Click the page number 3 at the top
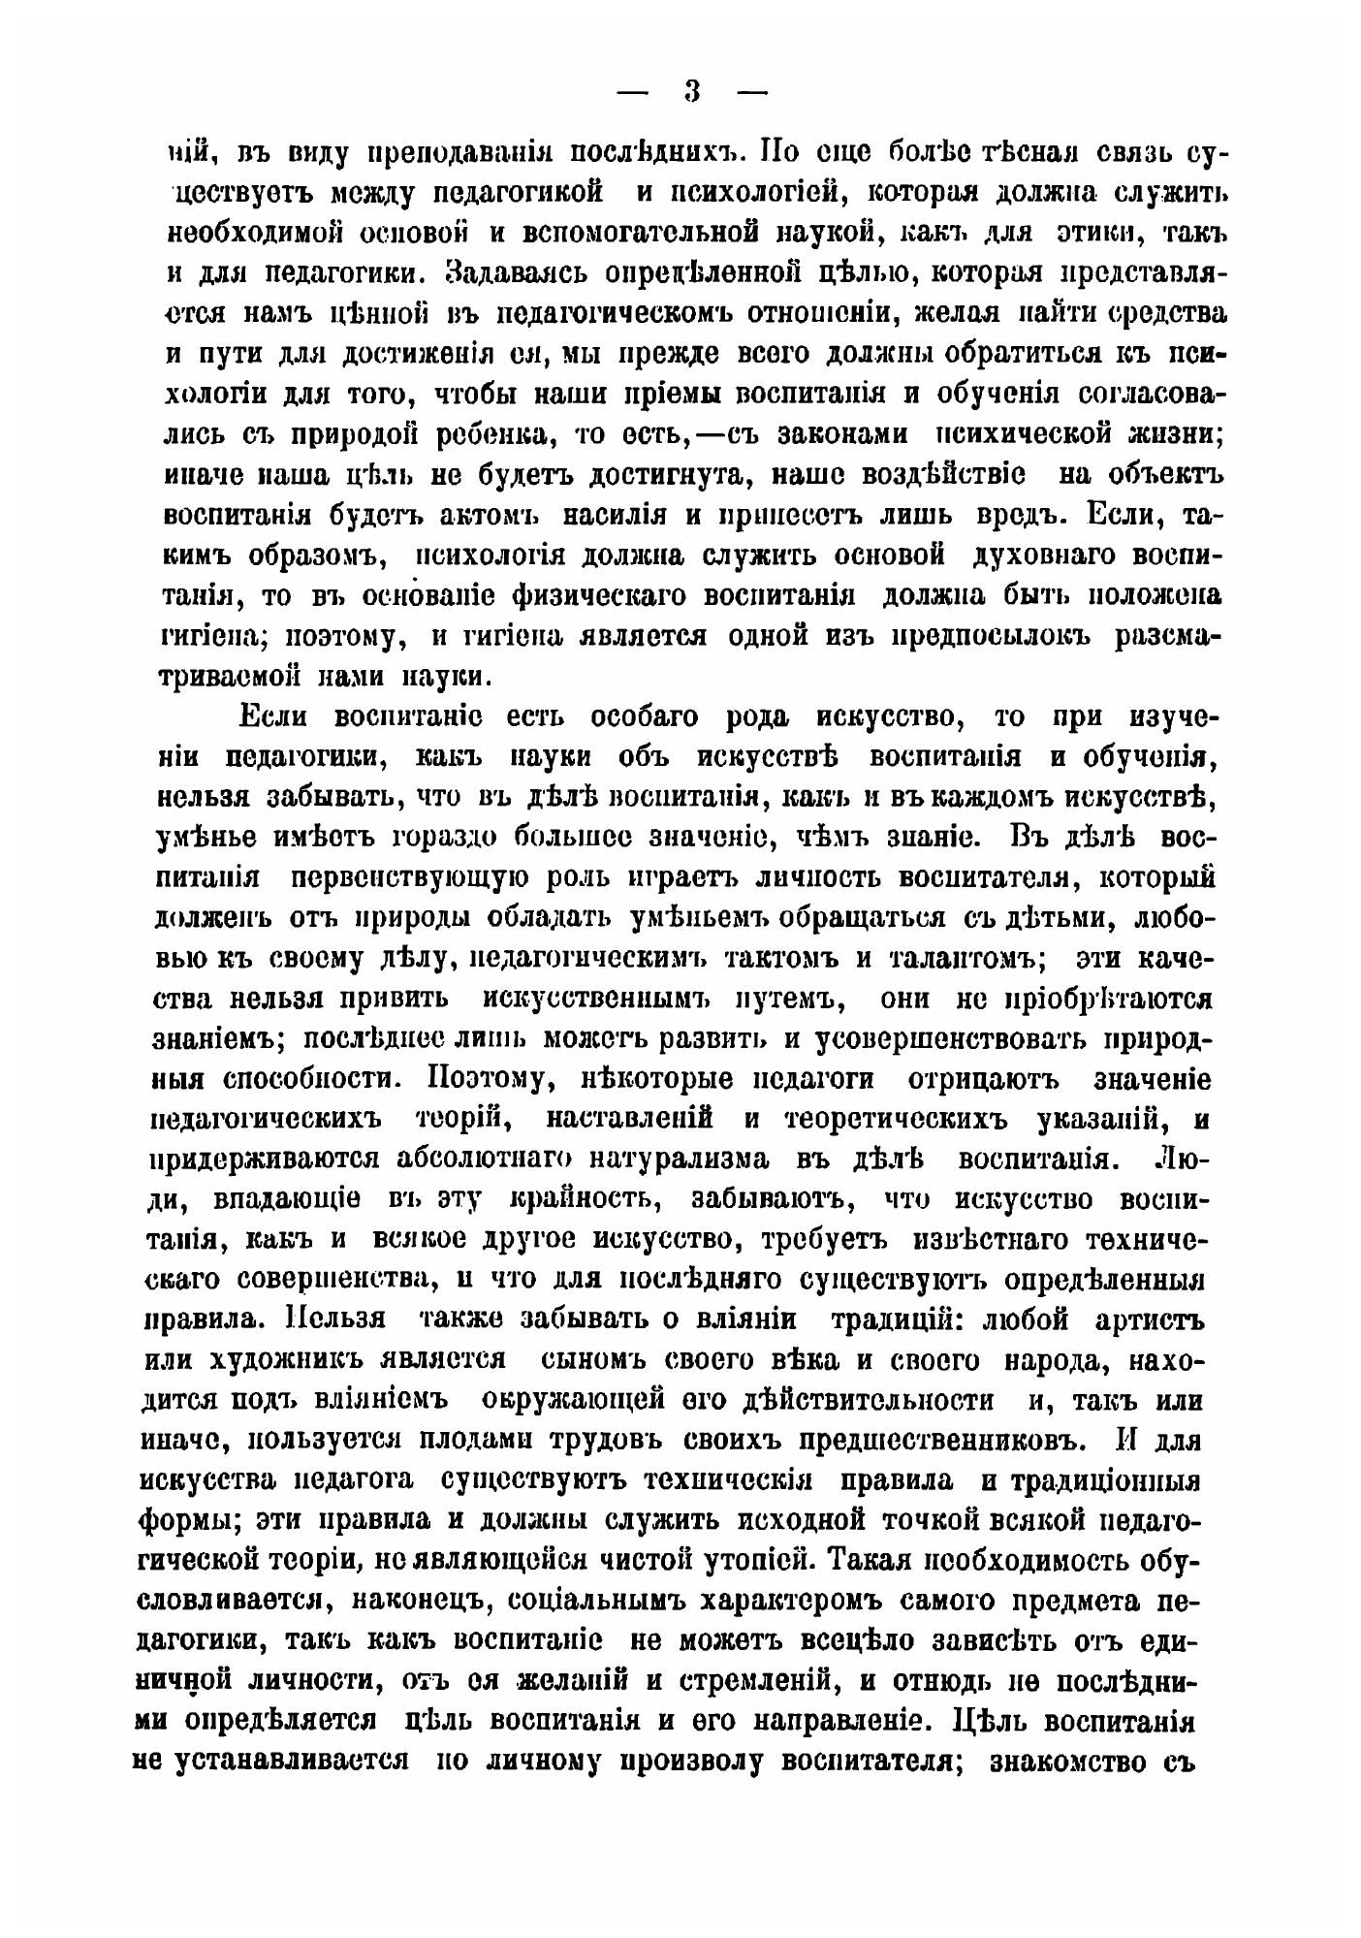click(x=691, y=92)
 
